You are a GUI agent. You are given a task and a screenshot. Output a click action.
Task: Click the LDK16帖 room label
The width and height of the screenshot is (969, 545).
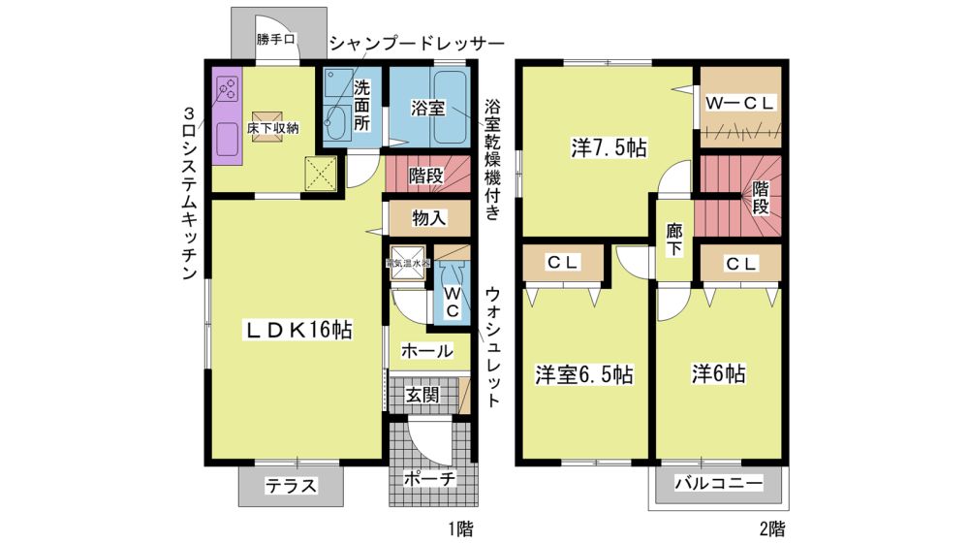[x=299, y=331]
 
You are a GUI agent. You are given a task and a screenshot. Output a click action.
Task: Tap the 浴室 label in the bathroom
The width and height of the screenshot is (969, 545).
[x=427, y=109]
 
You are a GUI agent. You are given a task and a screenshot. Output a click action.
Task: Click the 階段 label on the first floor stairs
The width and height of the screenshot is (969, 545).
[x=425, y=176]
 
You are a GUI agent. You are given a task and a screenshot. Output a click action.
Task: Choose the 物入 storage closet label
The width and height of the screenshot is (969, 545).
[x=429, y=218]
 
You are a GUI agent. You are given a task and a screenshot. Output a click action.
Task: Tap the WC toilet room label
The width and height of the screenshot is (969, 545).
[x=452, y=302]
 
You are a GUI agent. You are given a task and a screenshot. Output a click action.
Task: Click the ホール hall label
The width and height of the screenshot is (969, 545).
[x=426, y=351]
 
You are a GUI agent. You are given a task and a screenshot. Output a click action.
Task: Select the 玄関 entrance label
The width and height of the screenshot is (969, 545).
[x=422, y=394]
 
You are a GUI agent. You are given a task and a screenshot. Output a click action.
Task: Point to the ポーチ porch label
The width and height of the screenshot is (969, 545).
[x=429, y=478]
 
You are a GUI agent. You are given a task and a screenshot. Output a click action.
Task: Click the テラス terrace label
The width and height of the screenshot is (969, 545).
[x=291, y=486]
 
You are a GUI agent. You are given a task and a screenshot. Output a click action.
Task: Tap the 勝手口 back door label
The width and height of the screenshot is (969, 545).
[x=275, y=40]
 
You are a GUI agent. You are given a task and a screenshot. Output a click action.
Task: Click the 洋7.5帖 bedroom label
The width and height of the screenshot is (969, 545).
[x=609, y=148]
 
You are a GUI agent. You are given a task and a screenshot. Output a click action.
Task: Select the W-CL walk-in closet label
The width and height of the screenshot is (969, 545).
[x=739, y=104]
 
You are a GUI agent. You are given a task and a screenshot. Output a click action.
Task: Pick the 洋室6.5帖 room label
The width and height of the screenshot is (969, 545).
[x=584, y=374]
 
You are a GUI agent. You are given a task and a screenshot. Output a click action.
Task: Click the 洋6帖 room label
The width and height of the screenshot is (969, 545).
[x=718, y=373]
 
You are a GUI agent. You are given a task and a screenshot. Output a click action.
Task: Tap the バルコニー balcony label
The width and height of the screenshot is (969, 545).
[x=718, y=483]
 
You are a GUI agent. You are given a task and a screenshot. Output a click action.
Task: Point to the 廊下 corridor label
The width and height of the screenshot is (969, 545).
[x=673, y=240]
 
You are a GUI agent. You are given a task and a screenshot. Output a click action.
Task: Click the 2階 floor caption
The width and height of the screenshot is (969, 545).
[x=772, y=529]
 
